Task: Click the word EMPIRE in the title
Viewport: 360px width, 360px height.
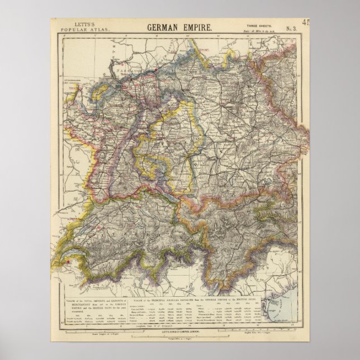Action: pos(202,27)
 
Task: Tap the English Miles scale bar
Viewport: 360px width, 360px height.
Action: pos(305,333)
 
